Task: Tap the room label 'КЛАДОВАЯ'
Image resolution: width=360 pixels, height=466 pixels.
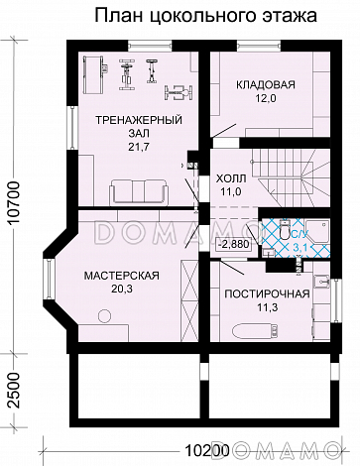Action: [263, 86]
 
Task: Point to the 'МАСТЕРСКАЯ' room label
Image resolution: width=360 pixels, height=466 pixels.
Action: [116, 276]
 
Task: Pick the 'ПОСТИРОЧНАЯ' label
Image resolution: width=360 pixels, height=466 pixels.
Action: [267, 293]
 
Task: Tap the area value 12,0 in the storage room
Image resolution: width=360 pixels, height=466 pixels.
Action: [263, 101]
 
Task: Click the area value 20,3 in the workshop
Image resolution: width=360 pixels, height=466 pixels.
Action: [116, 291]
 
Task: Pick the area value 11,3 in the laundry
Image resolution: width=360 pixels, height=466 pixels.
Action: [267, 308]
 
